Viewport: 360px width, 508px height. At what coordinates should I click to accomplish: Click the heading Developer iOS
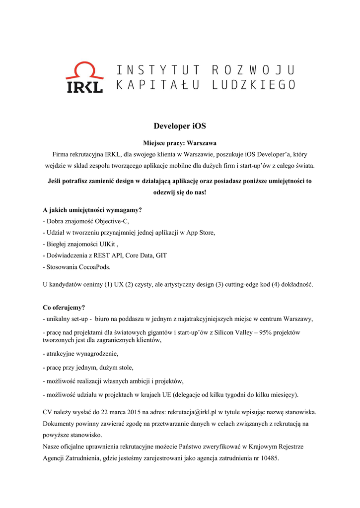point(180,126)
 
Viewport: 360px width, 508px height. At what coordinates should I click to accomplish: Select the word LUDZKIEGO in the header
point(253,85)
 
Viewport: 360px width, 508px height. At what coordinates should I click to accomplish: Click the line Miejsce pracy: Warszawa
point(180,143)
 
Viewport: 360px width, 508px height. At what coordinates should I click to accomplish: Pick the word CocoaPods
point(93,267)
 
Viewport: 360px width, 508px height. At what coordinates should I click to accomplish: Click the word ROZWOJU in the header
point(253,70)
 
